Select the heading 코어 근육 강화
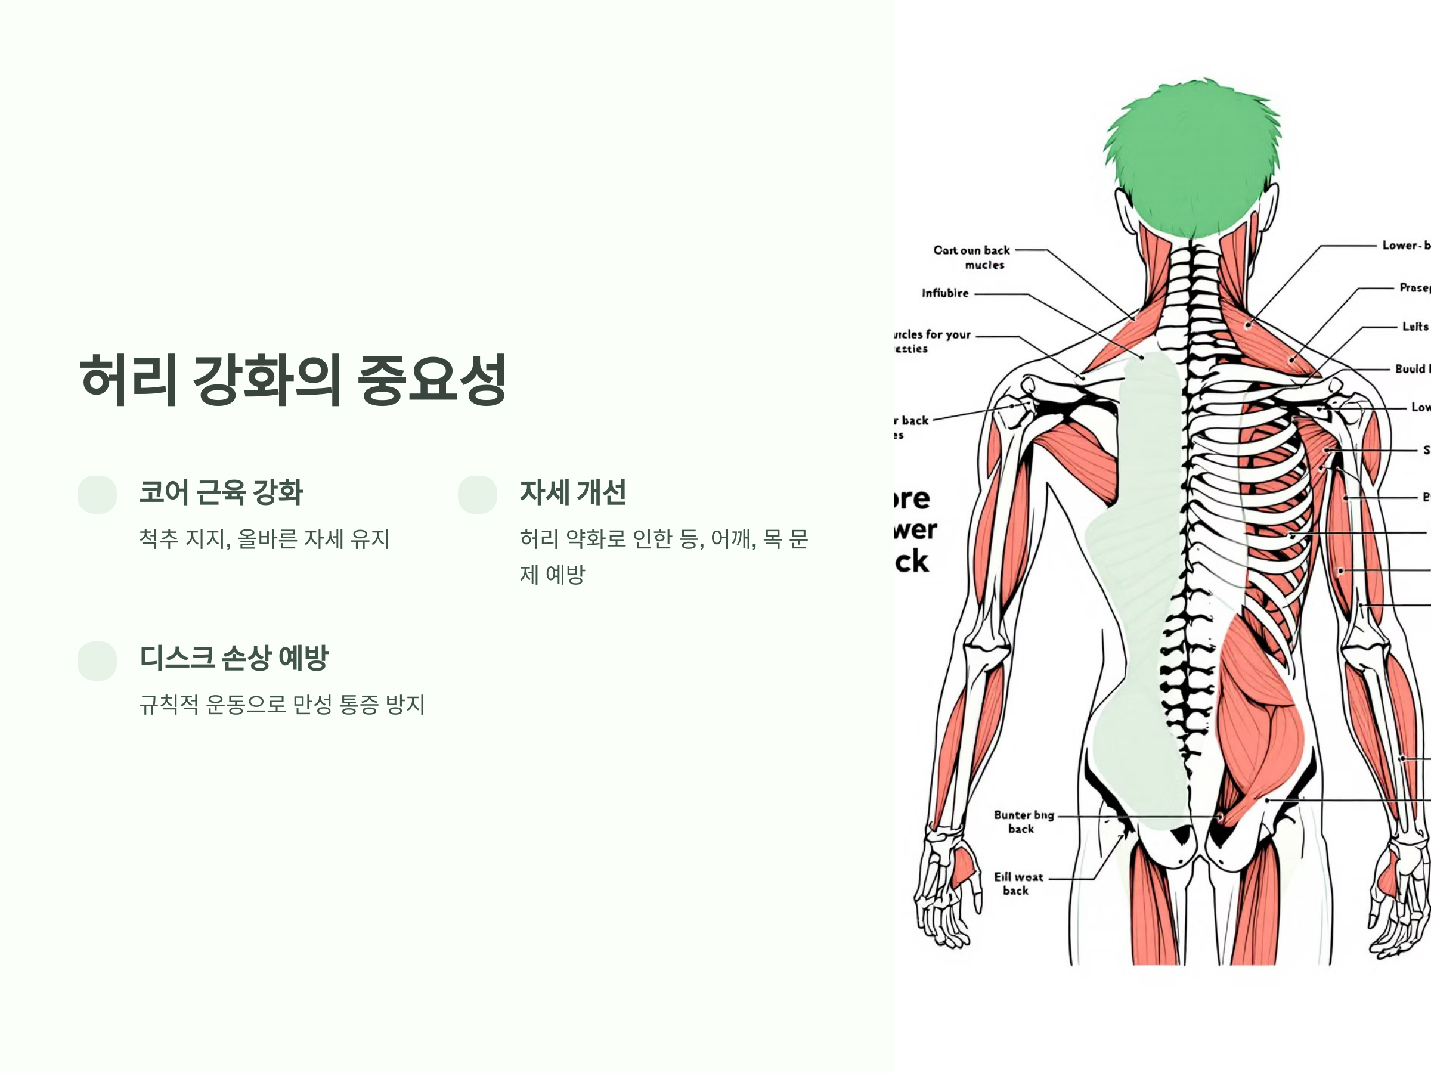221,492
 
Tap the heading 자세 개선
572,492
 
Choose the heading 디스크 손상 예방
234,658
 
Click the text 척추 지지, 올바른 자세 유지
264,538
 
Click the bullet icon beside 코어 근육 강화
97,495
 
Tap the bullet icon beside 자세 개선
478,495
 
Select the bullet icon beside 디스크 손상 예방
97,660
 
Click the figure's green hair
1192,162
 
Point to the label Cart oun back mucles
972,257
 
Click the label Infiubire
945,293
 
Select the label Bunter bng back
1023,821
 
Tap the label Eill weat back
1018,883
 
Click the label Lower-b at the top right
1405,245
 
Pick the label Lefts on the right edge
1414,327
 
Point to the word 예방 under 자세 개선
565,574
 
